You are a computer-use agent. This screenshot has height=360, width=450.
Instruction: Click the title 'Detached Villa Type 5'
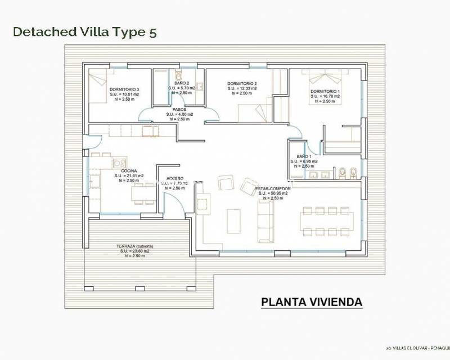[x=84, y=31]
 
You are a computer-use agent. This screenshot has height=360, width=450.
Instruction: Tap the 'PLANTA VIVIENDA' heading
[x=312, y=302]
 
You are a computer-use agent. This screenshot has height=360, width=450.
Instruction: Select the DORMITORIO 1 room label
[x=325, y=91]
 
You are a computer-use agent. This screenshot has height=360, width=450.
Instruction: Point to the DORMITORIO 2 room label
[x=242, y=83]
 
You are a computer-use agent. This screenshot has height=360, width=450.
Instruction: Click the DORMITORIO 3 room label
[x=124, y=89]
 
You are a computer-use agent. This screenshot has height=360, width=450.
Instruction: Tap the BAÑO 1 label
[x=304, y=156]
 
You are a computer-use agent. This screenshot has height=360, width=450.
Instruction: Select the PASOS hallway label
[x=179, y=109]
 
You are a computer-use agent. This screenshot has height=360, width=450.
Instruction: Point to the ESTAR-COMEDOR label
[x=273, y=188]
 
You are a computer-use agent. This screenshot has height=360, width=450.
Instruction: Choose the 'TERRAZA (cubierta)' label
[x=135, y=246]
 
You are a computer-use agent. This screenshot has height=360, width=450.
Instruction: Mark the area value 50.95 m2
[x=274, y=193]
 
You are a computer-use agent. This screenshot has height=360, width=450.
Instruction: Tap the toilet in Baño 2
[x=179, y=75]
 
